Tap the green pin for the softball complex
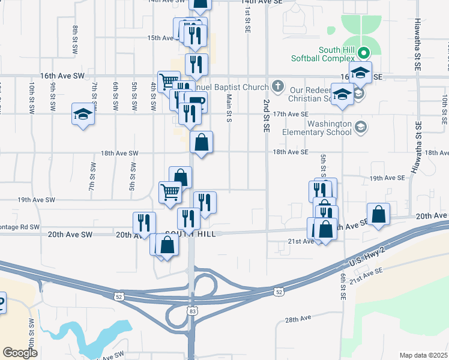pyautogui.click(x=363, y=53)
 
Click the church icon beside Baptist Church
pyautogui.click(x=277, y=85)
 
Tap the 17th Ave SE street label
pyautogui.click(x=291, y=114)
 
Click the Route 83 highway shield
pyautogui.click(x=191, y=311)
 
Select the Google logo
pyautogui.click(x=20, y=353)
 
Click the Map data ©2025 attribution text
pyautogui.click(x=423, y=355)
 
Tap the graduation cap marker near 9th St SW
pyautogui.click(x=83, y=114)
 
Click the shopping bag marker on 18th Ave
pyautogui.click(x=202, y=143)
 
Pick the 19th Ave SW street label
pyautogui.click(x=37, y=200)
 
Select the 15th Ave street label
pyautogui.click(x=161, y=38)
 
